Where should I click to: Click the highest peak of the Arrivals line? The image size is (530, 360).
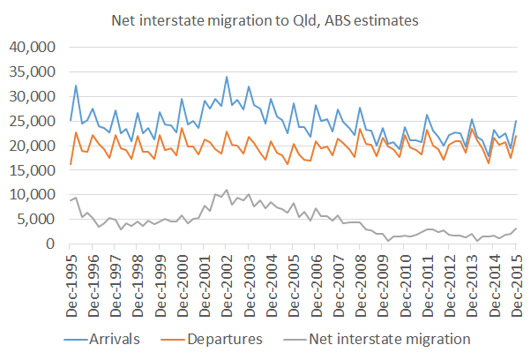pos(227,77)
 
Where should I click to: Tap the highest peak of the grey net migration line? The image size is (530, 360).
pos(227,190)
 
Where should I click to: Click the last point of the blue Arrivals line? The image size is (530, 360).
pos(516,121)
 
